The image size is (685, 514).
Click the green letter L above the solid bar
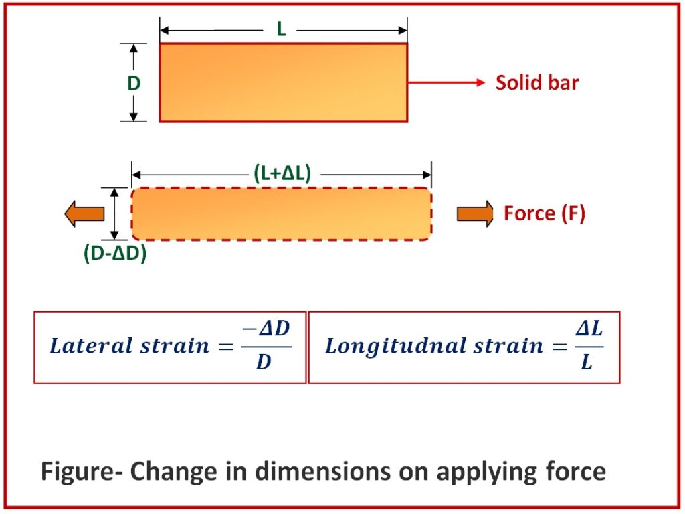(x=282, y=29)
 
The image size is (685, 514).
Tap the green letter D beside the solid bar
(x=134, y=83)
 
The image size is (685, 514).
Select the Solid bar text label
(x=537, y=82)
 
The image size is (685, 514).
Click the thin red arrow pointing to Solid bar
(x=446, y=82)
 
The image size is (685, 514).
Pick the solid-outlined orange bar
(x=283, y=82)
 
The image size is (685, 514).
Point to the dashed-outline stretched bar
(x=282, y=213)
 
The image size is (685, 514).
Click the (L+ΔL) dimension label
(x=282, y=173)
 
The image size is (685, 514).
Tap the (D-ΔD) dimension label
(x=115, y=253)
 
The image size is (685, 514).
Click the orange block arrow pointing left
(x=84, y=213)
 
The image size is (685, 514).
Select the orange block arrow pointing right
(x=476, y=213)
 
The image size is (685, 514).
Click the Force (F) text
(x=545, y=213)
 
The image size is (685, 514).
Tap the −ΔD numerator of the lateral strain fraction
(x=266, y=329)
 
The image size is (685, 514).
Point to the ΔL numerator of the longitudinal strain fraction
(x=589, y=328)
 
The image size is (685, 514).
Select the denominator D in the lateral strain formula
(x=264, y=362)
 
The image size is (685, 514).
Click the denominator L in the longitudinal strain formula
(x=587, y=361)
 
